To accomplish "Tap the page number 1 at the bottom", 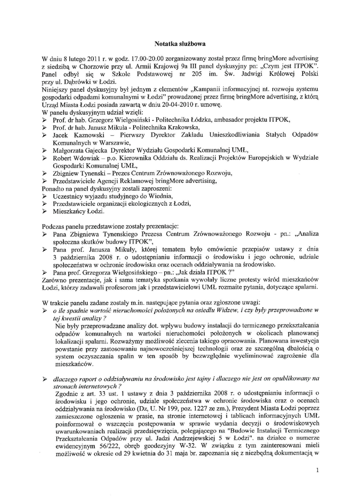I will (x=317, y=470).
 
